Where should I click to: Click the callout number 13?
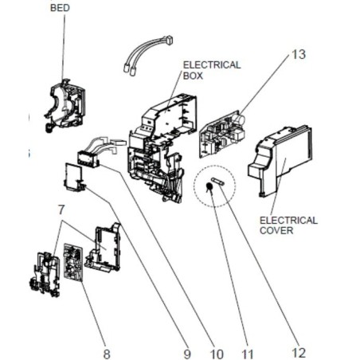[x=299, y=54]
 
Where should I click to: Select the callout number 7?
[x=61, y=209]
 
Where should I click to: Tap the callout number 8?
[x=107, y=354]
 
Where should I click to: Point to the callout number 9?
[x=187, y=354]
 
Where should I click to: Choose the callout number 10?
[x=217, y=354]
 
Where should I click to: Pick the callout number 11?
[x=247, y=354]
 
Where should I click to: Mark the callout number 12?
[x=299, y=353]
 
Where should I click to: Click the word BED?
[x=60, y=8]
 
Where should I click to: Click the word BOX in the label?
[x=193, y=76]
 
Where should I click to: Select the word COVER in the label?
[x=276, y=230]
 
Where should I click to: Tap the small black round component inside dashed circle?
[x=209, y=186]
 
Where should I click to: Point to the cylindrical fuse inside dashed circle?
[x=218, y=182]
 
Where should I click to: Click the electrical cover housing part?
[x=280, y=161]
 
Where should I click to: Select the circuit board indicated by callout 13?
[x=222, y=135]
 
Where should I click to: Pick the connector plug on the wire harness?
[x=169, y=41]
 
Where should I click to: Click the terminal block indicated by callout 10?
[x=88, y=159]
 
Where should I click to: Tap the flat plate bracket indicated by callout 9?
[x=74, y=177]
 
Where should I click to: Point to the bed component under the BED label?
[x=65, y=106]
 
